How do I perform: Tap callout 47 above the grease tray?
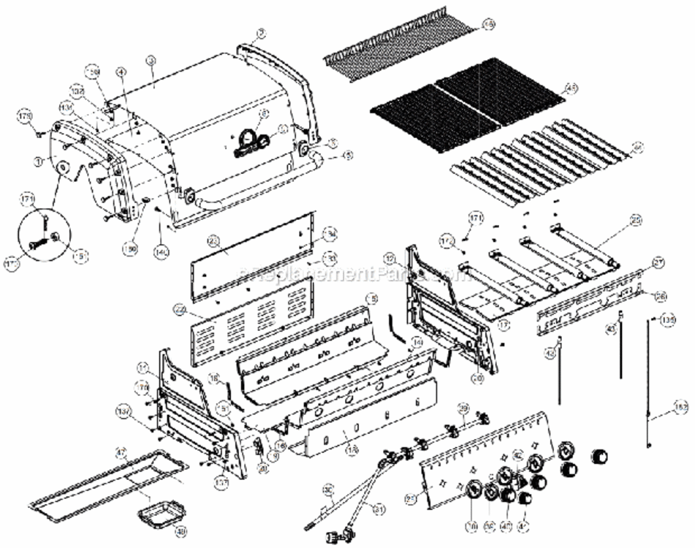[x=121, y=453]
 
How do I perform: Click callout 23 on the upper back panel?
[x=213, y=241]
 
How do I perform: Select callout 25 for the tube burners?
[x=635, y=219]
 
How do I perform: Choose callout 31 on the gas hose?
[x=378, y=509]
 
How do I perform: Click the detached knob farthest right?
[x=599, y=457]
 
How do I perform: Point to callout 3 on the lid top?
[x=150, y=61]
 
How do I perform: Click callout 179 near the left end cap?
[x=26, y=117]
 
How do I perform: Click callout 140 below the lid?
[x=160, y=252]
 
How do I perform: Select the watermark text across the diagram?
[x=351, y=274]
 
